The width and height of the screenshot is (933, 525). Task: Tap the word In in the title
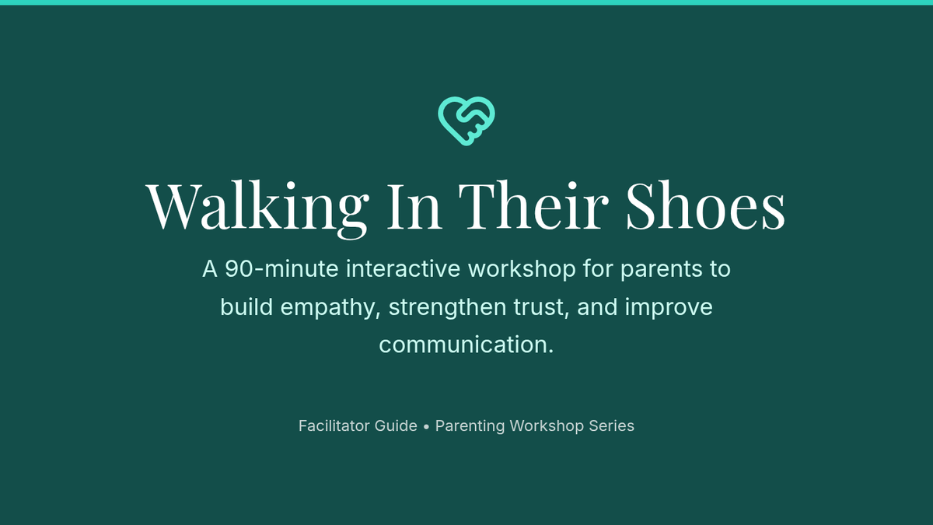coord(414,206)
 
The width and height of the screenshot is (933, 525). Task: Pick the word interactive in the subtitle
coord(404,269)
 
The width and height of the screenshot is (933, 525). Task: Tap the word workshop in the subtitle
coord(522,270)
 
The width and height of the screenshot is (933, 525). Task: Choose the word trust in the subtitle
coord(541,308)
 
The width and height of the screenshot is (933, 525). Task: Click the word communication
coord(466,345)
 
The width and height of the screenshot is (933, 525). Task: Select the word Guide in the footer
coord(396,426)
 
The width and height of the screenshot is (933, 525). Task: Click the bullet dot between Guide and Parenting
coord(426,427)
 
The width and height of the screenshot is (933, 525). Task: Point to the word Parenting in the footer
coord(470,427)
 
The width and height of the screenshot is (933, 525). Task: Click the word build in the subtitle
coord(246,307)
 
